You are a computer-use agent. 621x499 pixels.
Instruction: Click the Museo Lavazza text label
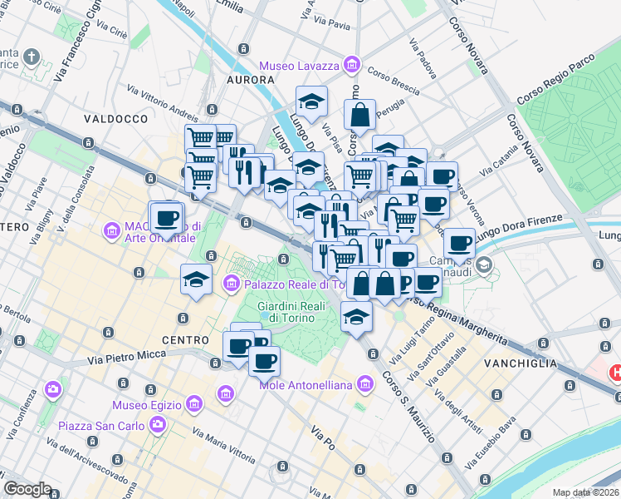(300, 66)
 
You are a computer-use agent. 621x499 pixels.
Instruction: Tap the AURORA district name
(250, 80)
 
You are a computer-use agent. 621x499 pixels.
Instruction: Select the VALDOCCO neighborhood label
(115, 119)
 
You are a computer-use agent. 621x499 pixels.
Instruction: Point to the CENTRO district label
(185, 340)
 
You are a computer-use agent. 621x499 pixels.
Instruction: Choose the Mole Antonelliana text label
(308, 384)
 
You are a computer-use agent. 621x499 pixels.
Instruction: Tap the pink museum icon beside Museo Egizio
(193, 405)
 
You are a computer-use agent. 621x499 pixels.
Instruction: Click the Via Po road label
(322, 437)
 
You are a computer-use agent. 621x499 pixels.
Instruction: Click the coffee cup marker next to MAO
(166, 219)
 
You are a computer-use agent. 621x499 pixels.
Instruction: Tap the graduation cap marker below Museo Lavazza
(311, 102)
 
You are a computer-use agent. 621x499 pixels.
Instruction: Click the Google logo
(27, 489)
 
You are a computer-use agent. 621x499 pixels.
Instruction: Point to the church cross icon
(32, 57)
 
